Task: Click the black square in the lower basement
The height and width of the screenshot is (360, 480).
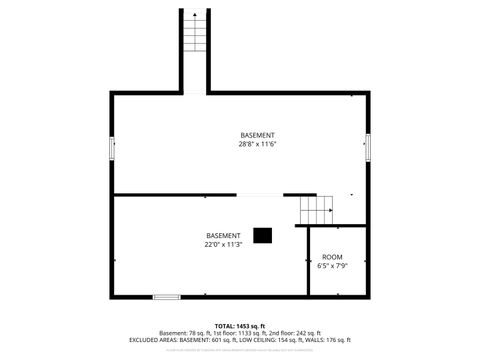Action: point(262,235)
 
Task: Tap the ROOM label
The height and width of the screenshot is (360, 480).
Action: point(331,257)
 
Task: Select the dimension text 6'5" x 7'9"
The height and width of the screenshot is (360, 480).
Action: point(331,266)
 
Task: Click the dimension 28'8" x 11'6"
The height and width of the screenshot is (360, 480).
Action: point(257,144)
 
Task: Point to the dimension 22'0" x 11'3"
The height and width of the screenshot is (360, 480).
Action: point(224,244)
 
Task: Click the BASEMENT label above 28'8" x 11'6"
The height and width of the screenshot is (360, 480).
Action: point(257,135)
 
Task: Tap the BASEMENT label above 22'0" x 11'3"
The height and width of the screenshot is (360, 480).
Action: point(224,235)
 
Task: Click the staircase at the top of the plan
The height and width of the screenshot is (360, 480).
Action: point(195,50)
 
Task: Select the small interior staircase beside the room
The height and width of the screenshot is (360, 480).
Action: point(316,210)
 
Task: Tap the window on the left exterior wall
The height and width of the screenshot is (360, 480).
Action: point(112,149)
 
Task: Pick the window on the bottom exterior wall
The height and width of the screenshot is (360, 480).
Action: point(166,296)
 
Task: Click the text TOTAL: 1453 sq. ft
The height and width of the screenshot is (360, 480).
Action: point(239,326)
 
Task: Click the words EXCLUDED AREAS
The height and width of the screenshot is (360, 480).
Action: point(153,340)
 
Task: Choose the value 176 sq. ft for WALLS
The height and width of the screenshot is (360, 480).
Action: point(336,340)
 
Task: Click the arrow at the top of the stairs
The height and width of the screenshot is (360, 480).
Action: point(195,15)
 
